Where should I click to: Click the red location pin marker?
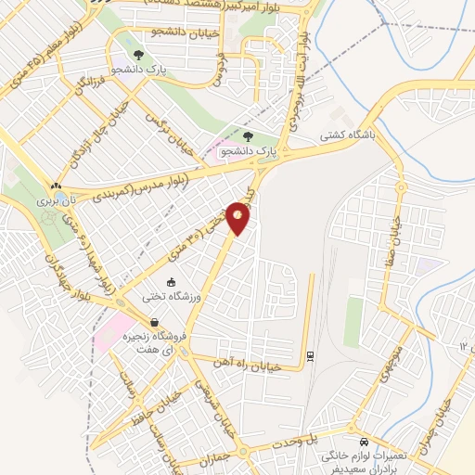pos(239,217)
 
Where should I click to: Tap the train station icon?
pos(309,354)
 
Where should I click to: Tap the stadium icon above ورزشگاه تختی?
pos(171,282)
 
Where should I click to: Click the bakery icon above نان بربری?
pos(58,186)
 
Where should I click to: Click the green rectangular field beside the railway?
pos(353,319)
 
